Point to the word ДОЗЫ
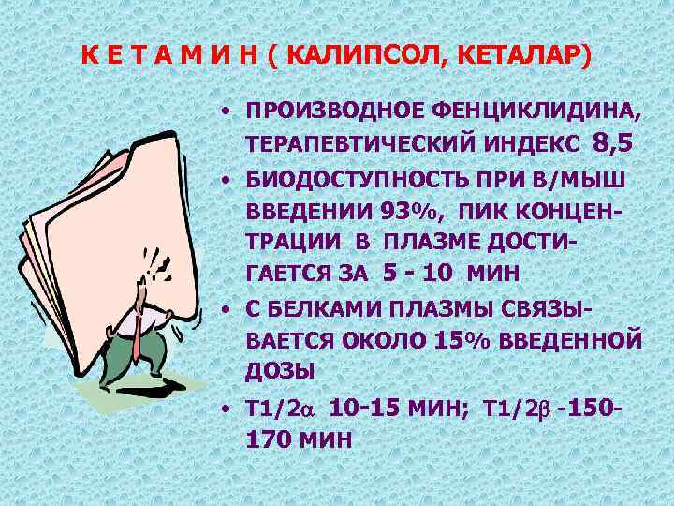(279, 371)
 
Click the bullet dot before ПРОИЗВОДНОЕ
(227, 113)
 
